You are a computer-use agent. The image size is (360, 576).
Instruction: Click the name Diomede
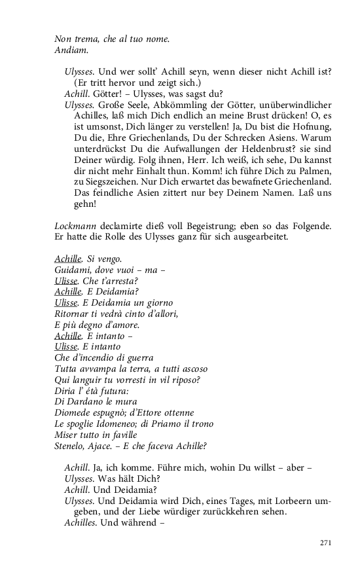[74, 413]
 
